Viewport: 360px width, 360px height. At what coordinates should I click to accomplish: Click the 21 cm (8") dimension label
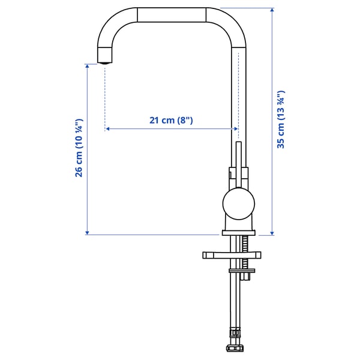pos(171,120)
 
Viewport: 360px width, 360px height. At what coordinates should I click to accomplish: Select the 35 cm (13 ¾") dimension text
pos(280,119)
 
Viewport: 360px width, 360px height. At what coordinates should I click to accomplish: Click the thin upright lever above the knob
pos(238,165)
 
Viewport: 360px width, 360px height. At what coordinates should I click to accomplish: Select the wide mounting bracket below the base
pos(232,255)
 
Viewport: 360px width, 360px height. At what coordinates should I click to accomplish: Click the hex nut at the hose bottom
pos(234,347)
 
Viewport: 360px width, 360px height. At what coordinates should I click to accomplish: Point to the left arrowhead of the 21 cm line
pos(107,128)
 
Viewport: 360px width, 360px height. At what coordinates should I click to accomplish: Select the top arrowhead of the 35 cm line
pos(272,11)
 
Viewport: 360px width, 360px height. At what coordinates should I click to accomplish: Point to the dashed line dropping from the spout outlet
pos(105,96)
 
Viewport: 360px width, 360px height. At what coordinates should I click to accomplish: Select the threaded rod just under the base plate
pos(245,243)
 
